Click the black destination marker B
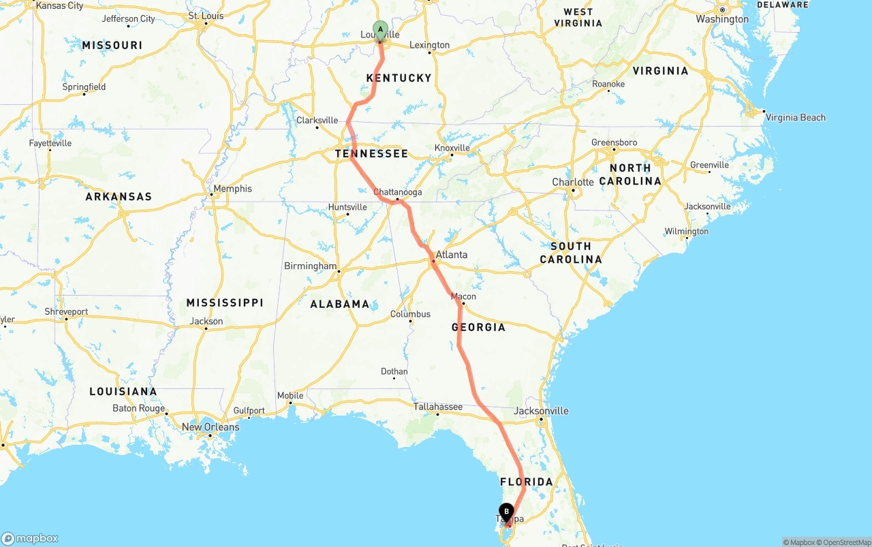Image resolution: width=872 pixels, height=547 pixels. click(506, 512)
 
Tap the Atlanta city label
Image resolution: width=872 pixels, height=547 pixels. click(452, 255)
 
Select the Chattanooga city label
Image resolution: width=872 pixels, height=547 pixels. click(397, 192)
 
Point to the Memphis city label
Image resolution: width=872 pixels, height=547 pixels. click(232, 189)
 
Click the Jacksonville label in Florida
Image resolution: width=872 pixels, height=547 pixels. click(541, 411)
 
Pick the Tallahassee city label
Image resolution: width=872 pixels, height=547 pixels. click(438, 407)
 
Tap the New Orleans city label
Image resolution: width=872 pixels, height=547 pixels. click(211, 427)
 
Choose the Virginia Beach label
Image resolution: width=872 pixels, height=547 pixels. click(795, 117)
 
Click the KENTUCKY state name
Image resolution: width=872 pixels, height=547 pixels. click(399, 78)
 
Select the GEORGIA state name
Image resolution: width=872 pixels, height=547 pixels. click(478, 327)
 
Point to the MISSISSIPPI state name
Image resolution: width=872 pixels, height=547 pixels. click(225, 302)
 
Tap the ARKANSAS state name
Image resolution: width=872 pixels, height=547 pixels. click(119, 197)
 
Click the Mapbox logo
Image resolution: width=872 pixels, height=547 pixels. click(30, 538)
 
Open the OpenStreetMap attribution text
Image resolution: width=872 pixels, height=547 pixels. click(843, 542)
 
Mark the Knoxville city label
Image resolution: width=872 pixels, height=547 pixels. click(452, 148)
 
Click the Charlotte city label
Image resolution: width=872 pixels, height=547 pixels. click(573, 183)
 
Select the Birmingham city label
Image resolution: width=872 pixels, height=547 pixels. click(311, 266)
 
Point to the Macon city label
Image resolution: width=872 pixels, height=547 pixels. click(463, 296)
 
